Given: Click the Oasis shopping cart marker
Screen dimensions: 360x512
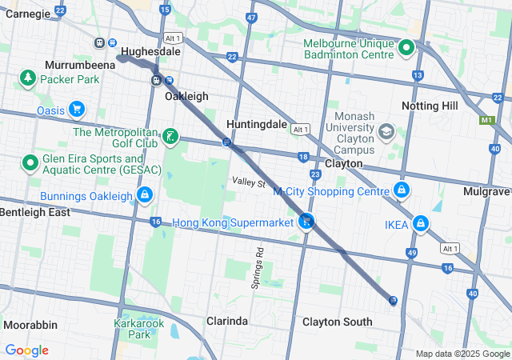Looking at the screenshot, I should [x=77, y=109].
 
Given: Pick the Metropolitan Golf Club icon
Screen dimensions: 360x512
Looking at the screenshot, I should [x=170, y=137].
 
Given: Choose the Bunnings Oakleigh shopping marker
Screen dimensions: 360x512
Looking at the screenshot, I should [x=145, y=195].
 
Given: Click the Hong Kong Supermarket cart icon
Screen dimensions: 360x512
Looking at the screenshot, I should [x=306, y=222].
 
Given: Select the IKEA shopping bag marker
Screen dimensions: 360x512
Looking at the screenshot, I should [x=420, y=223].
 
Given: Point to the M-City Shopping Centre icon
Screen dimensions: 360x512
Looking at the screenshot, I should [x=402, y=190].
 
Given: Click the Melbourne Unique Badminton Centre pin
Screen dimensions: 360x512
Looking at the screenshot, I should [x=406, y=48].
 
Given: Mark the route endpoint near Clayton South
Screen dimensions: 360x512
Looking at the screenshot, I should [x=393, y=300].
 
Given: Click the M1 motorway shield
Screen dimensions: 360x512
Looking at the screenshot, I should [x=487, y=121].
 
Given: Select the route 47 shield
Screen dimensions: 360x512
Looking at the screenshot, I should [x=251, y=17].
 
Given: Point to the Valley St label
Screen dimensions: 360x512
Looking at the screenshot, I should [x=249, y=183].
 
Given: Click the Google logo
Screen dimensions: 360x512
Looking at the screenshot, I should [x=26, y=350].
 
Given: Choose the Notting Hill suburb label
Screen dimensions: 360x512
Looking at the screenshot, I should [x=430, y=106].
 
